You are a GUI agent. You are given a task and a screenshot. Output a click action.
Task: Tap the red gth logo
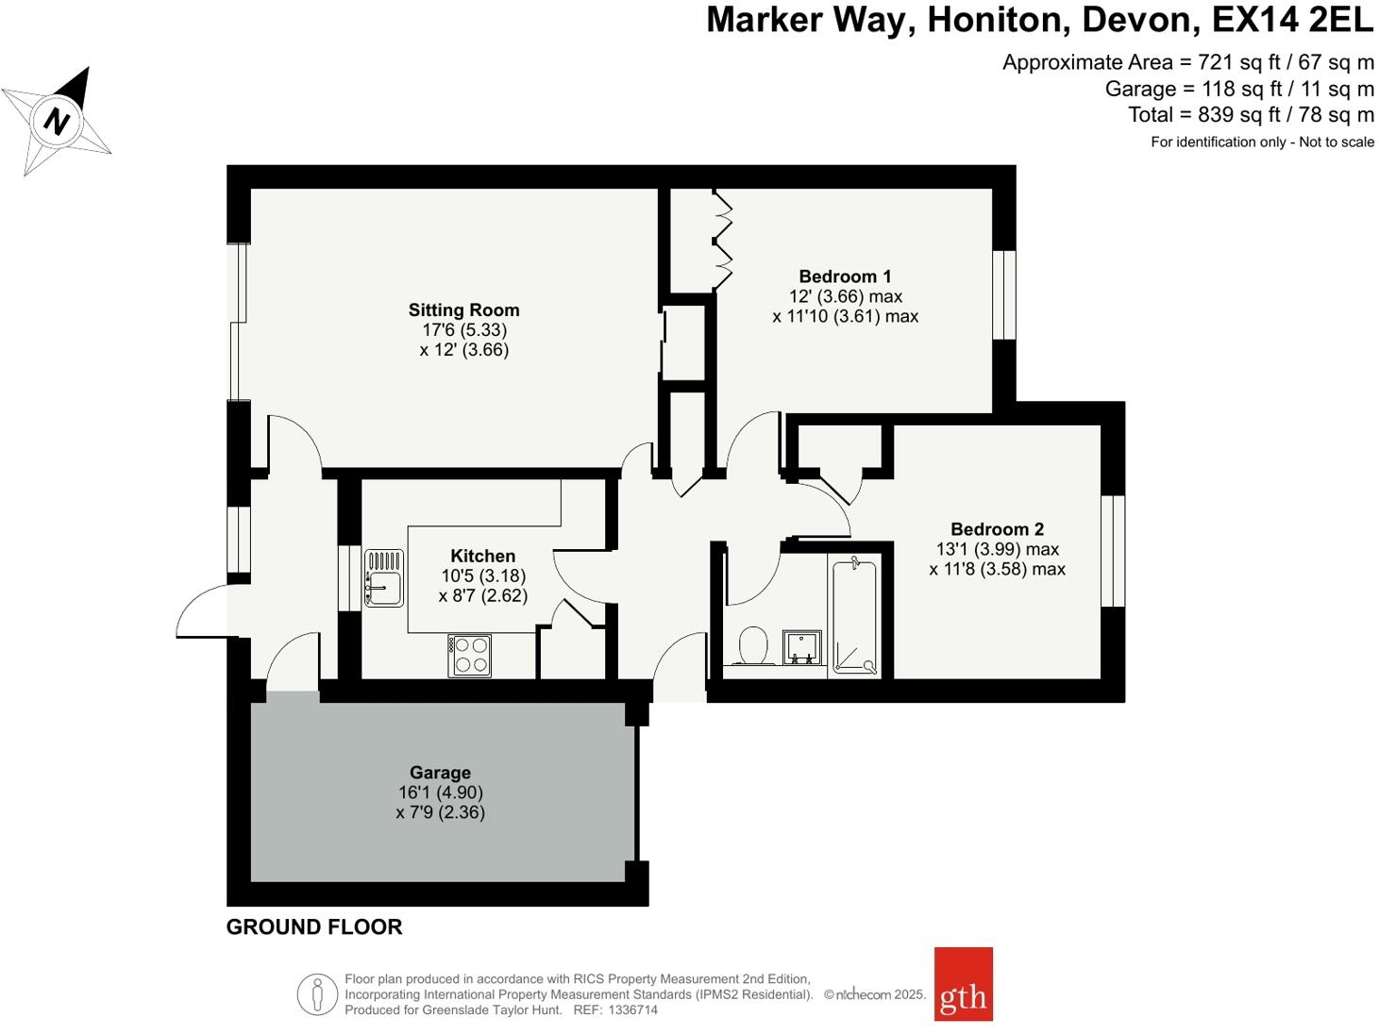963,984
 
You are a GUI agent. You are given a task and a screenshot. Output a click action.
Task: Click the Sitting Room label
463,310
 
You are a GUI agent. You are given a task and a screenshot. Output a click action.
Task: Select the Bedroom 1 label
845,276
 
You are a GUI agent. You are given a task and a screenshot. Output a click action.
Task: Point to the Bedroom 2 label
997,529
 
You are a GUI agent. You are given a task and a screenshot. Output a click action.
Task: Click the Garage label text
440,773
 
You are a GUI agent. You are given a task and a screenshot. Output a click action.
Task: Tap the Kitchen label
482,557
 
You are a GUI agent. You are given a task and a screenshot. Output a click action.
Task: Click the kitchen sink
384,578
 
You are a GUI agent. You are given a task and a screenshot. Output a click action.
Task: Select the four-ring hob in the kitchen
469,656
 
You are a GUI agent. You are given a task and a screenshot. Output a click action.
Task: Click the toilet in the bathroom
752,646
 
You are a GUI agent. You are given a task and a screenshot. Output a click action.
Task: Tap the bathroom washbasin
802,648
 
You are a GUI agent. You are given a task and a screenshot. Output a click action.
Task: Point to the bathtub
854,616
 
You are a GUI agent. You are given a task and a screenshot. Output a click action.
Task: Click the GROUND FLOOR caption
314,927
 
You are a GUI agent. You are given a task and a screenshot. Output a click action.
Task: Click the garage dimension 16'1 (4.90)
440,792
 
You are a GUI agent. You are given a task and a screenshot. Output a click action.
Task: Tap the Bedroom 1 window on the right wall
1004,294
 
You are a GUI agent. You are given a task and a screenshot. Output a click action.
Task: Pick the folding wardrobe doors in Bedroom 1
723,241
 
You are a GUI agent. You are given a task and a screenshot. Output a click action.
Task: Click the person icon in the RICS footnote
317,994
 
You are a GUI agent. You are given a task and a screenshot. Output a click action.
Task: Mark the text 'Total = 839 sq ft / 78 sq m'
1251,115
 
